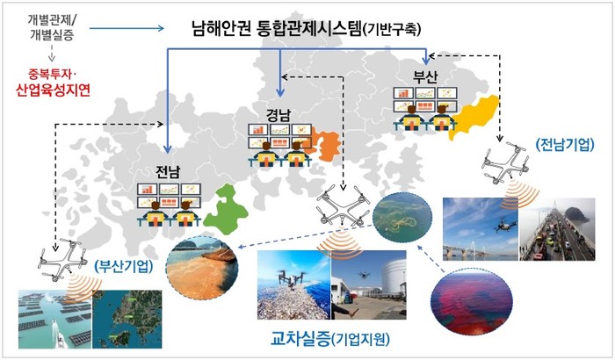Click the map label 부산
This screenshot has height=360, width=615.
(x=425, y=76)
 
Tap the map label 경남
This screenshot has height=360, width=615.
(x=279, y=115)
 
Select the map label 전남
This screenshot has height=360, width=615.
(x=168, y=171)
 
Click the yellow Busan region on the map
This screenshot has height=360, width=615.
(x=474, y=116)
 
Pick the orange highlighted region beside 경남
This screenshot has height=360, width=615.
(x=323, y=145)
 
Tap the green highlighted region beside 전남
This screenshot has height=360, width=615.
(x=226, y=211)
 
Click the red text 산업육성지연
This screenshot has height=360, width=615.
(x=53, y=90)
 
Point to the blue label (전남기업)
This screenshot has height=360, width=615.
(x=565, y=145)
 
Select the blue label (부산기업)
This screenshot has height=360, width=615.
(x=124, y=267)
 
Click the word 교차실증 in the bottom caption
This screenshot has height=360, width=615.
(x=300, y=339)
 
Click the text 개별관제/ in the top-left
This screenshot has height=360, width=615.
(x=52, y=19)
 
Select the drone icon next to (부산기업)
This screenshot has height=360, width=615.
(x=61, y=259)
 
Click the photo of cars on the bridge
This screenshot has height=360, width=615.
(x=557, y=229)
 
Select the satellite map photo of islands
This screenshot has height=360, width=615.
(x=127, y=320)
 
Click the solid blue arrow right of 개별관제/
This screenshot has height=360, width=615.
(x=127, y=28)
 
